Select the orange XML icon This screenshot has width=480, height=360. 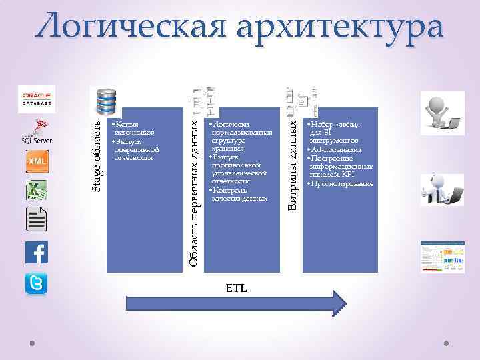(37, 161)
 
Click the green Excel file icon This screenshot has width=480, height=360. (37, 190)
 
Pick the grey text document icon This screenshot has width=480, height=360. (37, 220)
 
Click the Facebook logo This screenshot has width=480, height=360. (37, 253)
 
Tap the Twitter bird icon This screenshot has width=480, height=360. (37, 283)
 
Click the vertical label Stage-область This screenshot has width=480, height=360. (97, 155)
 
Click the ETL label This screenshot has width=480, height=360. (235, 289)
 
